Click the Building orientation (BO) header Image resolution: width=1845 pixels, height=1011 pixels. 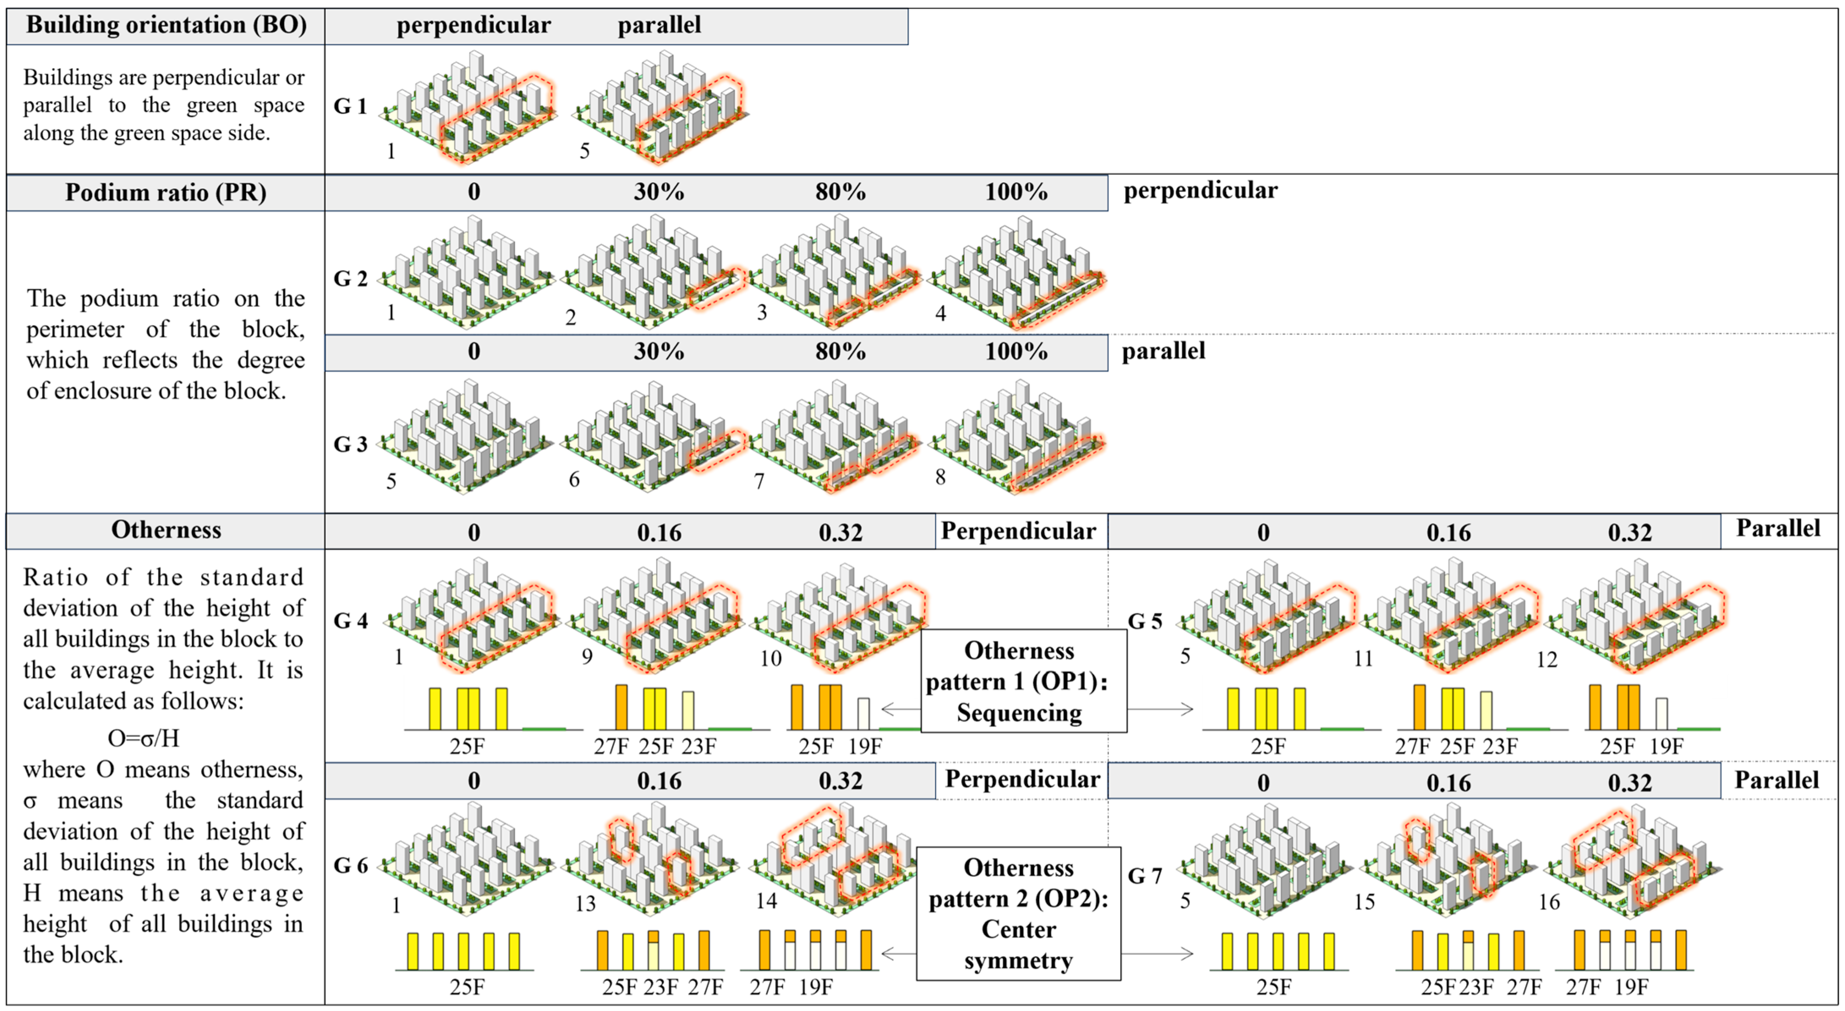click(x=166, y=25)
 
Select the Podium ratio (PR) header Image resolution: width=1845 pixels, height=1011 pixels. click(x=166, y=192)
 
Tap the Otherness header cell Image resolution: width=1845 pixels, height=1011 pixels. click(x=166, y=530)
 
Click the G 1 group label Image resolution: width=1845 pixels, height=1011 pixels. click(x=350, y=106)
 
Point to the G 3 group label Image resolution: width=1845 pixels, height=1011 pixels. click(x=350, y=444)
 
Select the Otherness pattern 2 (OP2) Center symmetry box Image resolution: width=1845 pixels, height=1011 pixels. click(x=1018, y=914)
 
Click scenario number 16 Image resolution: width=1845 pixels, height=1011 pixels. click(x=1549, y=902)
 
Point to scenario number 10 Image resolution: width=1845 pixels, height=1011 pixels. click(x=770, y=658)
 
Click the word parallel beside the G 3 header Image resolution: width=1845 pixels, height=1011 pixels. click(x=1163, y=351)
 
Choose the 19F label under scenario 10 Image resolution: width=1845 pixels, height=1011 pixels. click(x=865, y=747)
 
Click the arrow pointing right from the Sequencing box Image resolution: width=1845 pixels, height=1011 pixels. click(x=1160, y=709)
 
